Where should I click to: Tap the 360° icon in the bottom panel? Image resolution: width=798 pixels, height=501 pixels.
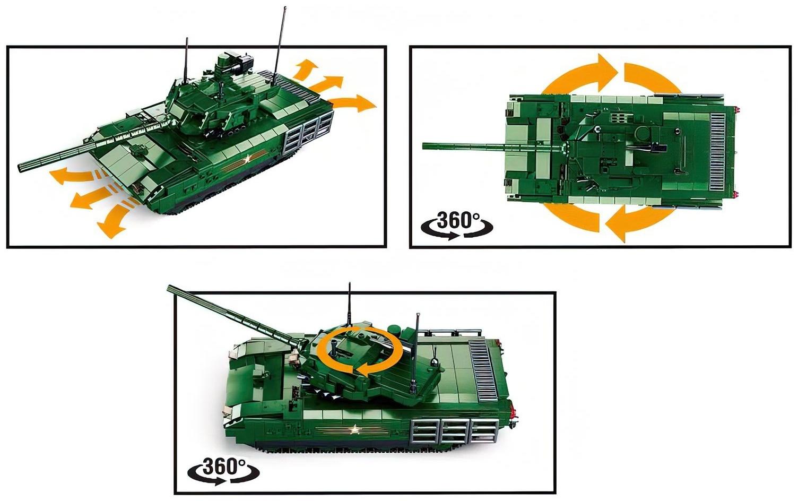point(223,470)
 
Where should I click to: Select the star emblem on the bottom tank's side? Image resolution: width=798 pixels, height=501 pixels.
point(354,429)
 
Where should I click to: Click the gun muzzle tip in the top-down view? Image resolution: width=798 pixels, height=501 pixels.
point(424,146)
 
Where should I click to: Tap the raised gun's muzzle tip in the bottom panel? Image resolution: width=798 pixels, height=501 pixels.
point(169,287)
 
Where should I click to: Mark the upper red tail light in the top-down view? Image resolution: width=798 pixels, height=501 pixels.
point(738,110)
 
